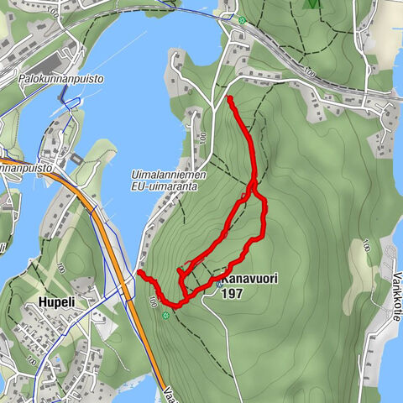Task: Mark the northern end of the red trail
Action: pyautogui.click(x=229, y=98)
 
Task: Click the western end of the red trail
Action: pyautogui.click(x=140, y=274)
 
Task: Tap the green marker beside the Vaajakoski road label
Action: pyautogui.click(x=166, y=316)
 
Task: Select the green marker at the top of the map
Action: pyautogui.click(x=242, y=20)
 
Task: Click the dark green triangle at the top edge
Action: pyautogui.click(x=312, y=3)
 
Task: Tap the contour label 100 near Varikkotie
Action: pyautogui.click(x=366, y=247)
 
